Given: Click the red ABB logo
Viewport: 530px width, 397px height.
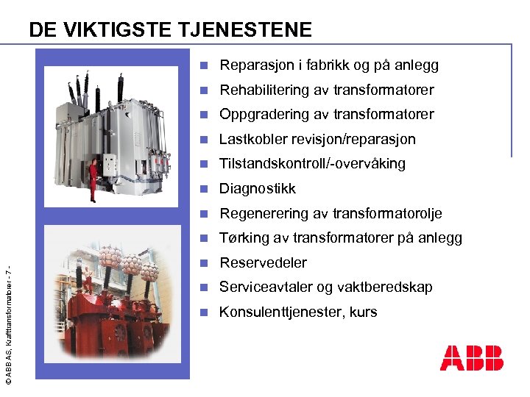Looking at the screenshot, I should pyautogui.click(x=471, y=358).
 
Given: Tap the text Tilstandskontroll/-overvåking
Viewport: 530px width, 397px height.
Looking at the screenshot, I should pyautogui.click(x=312, y=164).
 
